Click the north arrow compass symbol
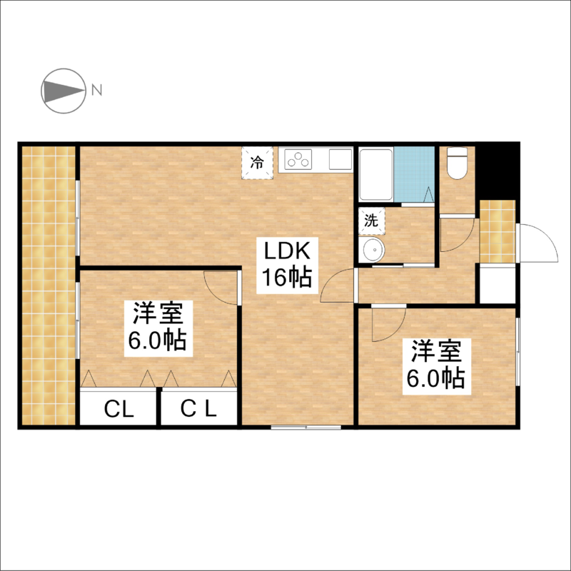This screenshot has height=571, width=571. pos(64,91)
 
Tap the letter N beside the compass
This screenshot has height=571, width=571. pos(96,90)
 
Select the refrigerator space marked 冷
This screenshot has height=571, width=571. pos(258,163)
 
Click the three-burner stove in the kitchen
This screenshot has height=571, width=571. pos(298,159)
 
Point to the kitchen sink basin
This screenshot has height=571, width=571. pos(340,159)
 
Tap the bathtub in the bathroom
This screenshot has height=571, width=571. pos(376,173)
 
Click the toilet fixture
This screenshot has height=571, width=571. pos(457,163)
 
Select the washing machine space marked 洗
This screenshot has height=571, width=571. pos(371,221)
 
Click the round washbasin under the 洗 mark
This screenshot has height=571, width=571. pos(371,250)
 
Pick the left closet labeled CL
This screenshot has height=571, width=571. pos(118,408)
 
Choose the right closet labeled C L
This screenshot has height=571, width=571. pos(199,408)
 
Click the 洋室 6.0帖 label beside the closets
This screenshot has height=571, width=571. pos(158,328)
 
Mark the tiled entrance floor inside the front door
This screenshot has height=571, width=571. pos(497,231)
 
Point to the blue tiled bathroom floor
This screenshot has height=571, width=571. pos(415,174)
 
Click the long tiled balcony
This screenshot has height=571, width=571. pos(49,285)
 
